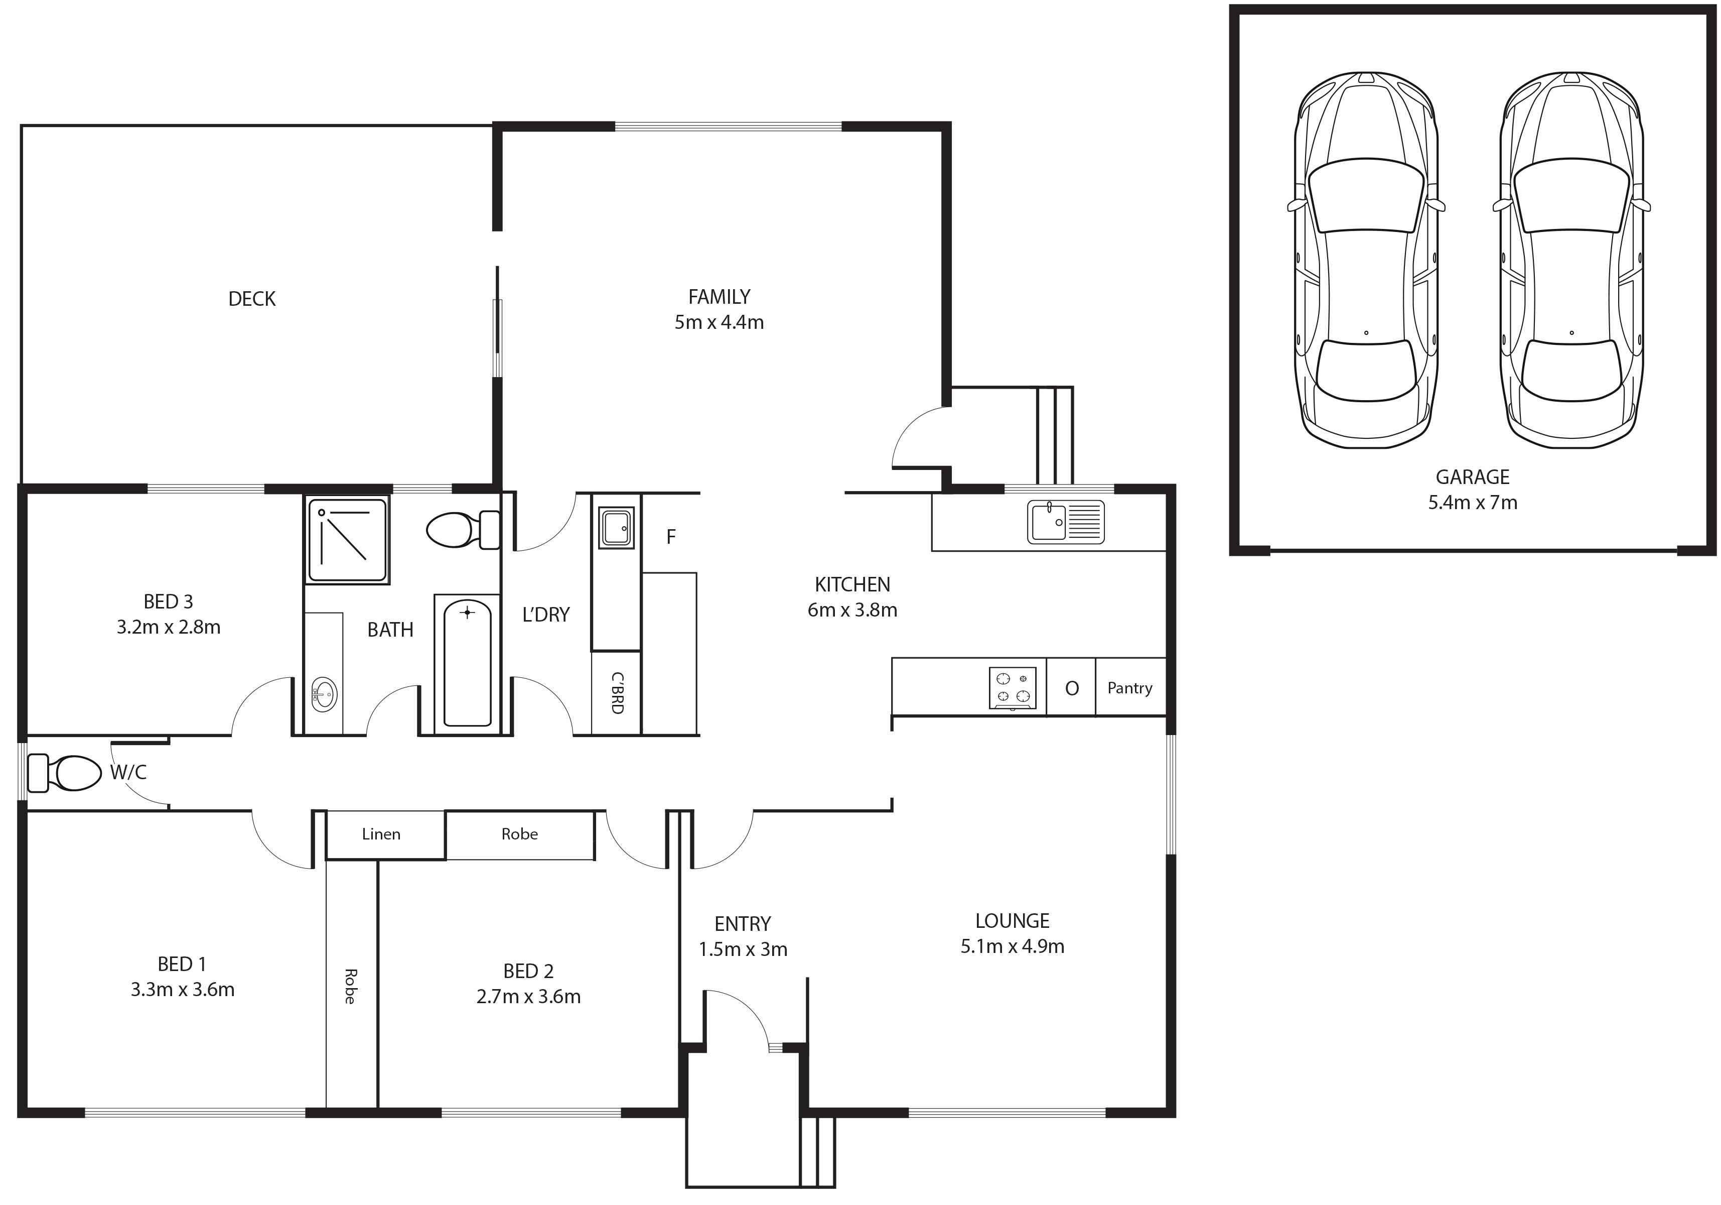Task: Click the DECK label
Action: pyautogui.click(x=252, y=299)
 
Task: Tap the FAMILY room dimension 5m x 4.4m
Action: pyautogui.click(x=719, y=322)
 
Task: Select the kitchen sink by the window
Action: pyautogui.click(x=1065, y=521)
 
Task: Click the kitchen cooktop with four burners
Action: pyautogui.click(x=1013, y=688)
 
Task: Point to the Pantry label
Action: pyautogui.click(x=1129, y=688)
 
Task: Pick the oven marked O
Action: pyautogui.click(x=1071, y=688)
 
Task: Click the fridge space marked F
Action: pyautogui.click(x=671, y=536)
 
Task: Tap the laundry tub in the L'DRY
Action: pyautogui.click(x=616, y=526)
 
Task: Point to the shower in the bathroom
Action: pyautogui.click(x=347, y=539)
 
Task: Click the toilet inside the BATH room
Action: pyautogui.click(x=463, y=529)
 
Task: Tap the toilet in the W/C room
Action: pyautogui.click(x=64, y=773)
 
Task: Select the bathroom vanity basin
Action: pyautogui.click(x=324, y=694)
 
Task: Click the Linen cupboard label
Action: pyautogui.click(x=381, y=834)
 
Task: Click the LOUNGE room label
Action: pyautogui.click(x=1012, y=921)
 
